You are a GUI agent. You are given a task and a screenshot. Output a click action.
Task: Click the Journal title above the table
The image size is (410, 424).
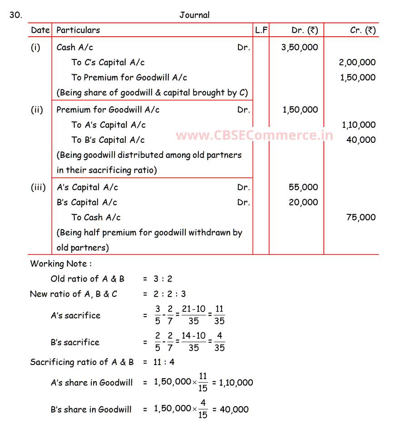pyautogui.click(x=194, y=15)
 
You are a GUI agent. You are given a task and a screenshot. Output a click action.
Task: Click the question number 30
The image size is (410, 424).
pyautogui.click(x=15, y=15)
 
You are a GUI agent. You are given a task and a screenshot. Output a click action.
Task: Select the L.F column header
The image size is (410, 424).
pyautogui.click(x=261, y=30)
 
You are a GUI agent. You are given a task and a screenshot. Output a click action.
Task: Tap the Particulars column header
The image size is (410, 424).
pyautogui.click(x=78, y=30)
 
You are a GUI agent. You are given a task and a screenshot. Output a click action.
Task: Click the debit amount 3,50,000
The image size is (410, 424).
pyautogui.click(x=300, y=47)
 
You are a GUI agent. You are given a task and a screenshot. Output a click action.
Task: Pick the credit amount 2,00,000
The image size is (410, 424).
pyautogui.click(x=357, y=63)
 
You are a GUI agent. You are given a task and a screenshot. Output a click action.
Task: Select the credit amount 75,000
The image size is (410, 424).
pyautogui.click(x=361, y=217)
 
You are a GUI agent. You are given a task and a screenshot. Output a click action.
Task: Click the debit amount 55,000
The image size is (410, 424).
pyautogui.click(x=303, y=187)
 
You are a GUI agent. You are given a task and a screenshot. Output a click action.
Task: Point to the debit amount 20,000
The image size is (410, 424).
pyautogui.click(x=303, y=202)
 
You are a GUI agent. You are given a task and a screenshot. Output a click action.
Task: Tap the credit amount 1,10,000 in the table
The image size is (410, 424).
pyautogui.click(x=358, y=125)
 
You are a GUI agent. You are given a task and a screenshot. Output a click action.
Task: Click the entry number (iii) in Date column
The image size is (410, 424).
pyautogui.click(x=39, y=187)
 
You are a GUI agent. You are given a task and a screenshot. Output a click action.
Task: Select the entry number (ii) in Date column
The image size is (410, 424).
pyautogui.click(x=37, y=110)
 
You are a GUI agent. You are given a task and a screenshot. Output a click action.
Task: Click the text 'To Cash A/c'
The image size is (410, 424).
pyautogui.click(x=96, y=217)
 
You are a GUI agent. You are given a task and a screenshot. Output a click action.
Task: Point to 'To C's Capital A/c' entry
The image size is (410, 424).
pyautogui.click(x=108, y=63)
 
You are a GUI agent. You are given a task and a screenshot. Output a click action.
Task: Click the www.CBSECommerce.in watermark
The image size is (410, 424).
pyautogui.click(x=254, y=135)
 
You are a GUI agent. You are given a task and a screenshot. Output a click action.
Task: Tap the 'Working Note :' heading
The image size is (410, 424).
pyautogui.click(x=61, y=263)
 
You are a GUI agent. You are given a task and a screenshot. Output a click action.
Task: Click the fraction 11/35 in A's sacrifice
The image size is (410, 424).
pyautogui.click(x=219, y=315)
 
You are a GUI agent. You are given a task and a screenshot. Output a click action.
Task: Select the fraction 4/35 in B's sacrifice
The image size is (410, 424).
pyautogui.click(x=219, y=342)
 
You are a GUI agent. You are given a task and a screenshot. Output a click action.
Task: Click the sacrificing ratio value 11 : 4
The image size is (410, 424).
pyautogui.click(x=164, y=362)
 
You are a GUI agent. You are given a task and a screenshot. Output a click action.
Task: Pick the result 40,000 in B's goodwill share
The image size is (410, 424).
pyautogui.click(x=234, y=409)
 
